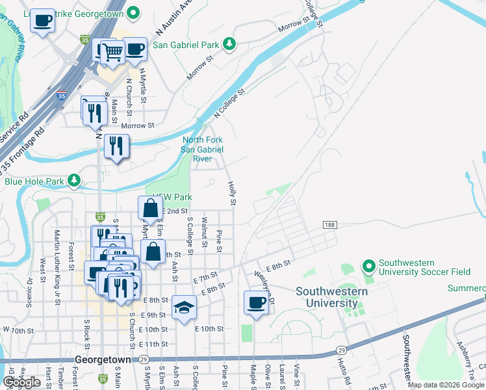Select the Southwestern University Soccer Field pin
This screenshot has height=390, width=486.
369,266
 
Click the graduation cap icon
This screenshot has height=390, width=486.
185,307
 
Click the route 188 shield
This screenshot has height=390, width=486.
329,224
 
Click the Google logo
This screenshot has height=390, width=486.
21,382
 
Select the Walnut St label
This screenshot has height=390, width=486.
204,229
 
